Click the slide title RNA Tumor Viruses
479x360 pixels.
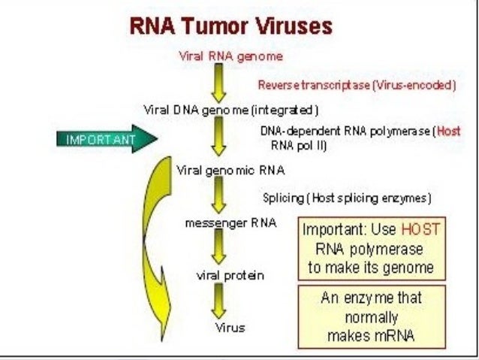tap(231, 27)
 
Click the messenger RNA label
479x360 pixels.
tap(221, 223)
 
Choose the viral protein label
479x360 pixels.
tap(230, 275)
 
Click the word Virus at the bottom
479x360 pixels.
tap(230, 328)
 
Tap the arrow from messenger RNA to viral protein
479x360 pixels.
tap(218, 249)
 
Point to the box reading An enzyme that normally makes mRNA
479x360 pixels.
tap(371, 316)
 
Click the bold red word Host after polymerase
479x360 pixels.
tap(448, 131)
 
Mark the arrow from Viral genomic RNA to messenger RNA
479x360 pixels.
tap(218, 196)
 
